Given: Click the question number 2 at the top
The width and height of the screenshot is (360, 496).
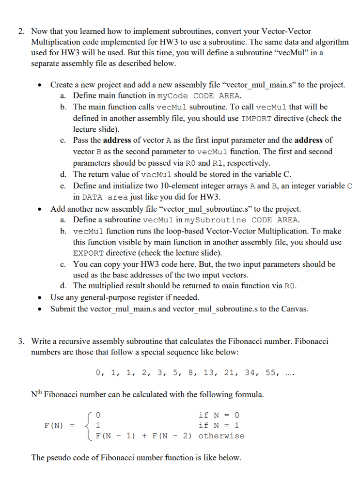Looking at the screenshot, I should [x=21, y=31].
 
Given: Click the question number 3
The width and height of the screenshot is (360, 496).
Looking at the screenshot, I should [x=21, y=341].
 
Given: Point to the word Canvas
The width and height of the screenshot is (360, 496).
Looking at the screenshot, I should [x=294, y=309].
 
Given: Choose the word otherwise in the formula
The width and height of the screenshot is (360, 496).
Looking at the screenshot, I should [x=221, y=435].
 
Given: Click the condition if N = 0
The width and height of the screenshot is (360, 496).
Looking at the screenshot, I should [x=219, y=415].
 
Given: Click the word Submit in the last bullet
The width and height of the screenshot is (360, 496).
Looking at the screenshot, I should [x=63, y=309].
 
